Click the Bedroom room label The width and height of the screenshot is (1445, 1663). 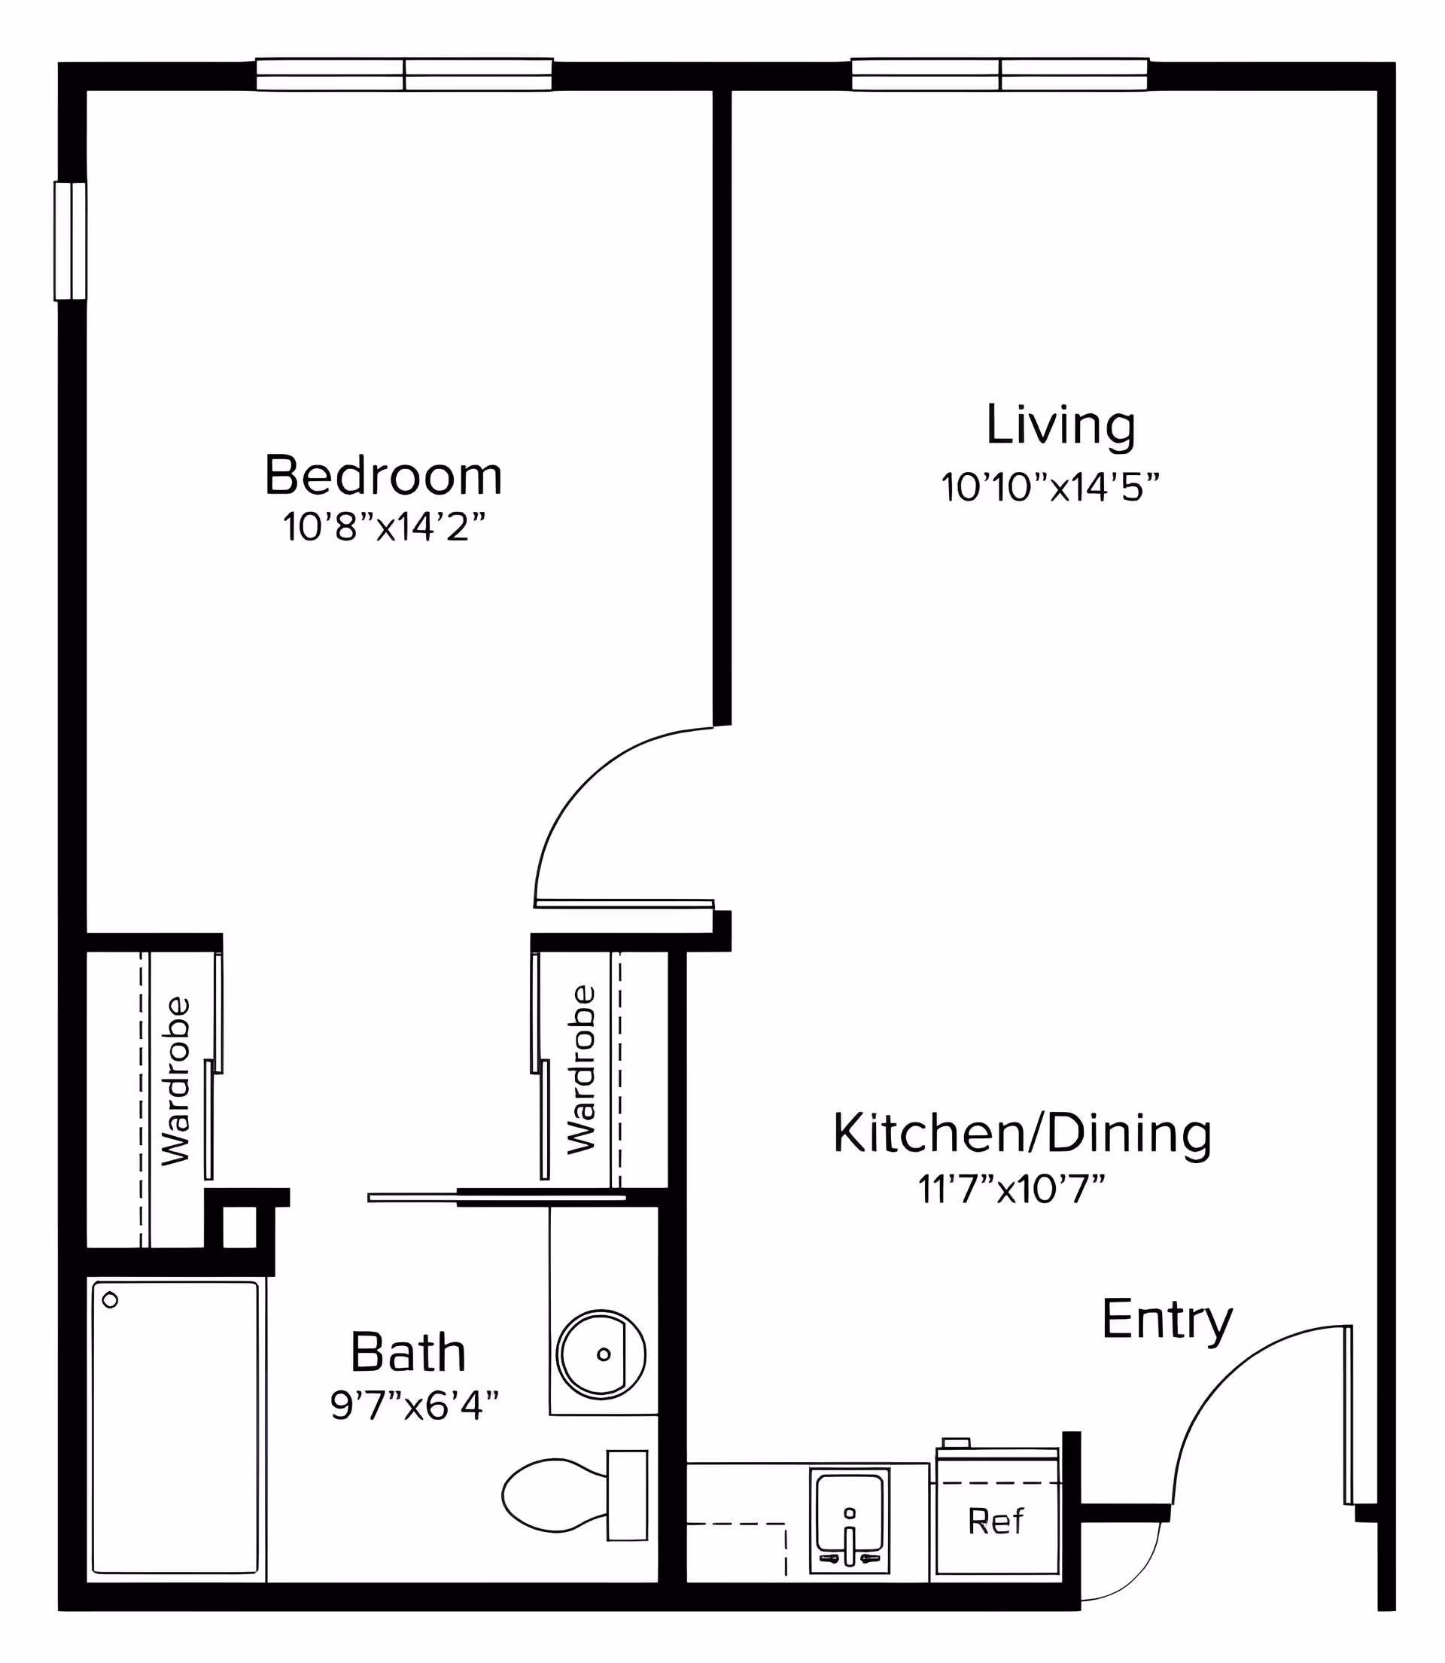coord(383,476)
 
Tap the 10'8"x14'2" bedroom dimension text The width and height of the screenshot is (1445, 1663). coord(384,528)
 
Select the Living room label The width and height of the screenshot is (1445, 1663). coord(1060,425)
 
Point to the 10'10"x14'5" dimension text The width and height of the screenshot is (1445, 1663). coord(1050,487)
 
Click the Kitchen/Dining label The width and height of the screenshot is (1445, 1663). coord(1022,1132)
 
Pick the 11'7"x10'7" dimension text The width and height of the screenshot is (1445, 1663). coord(1011,1189)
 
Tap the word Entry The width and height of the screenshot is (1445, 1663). coord(1167,1320)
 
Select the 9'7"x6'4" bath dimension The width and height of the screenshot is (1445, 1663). coord(415,1406)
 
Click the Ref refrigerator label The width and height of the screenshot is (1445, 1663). coord(996,1521)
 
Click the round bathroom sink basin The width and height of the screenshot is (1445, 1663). coord(601,1354)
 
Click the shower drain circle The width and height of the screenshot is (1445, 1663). coord(111,1300)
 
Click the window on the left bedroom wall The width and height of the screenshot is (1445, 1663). coord(71,241)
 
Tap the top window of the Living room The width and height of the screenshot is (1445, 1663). coord(999,75)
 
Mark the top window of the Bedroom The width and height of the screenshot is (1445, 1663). coord(404,75)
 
